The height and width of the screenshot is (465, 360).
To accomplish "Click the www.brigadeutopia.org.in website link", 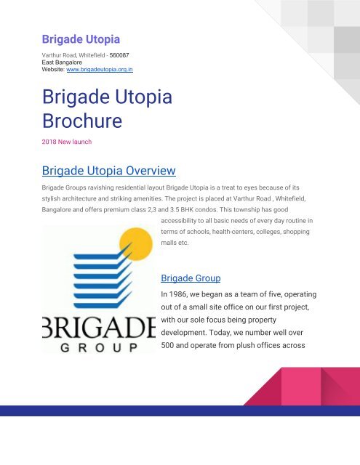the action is pos(100,70).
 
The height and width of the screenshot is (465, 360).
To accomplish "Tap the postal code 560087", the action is pos(119,55).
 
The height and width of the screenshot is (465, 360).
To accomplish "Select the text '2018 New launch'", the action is pos(67,142).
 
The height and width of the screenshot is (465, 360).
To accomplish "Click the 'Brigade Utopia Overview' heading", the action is pos(109,171).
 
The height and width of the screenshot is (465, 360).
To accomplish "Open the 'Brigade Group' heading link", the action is pos(191,278).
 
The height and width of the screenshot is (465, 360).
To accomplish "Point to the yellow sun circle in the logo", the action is pos(136,244).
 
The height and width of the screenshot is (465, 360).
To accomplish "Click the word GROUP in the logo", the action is pos(99,347).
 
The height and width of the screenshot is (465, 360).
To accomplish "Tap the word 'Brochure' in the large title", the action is pos(82,121).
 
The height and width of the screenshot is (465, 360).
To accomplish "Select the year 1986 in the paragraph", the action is pos(178,294).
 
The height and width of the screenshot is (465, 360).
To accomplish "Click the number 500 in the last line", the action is pos(167,346).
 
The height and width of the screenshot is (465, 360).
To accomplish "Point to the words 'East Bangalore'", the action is pos(62,62).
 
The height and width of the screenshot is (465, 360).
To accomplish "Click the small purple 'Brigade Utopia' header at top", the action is pos(81,39).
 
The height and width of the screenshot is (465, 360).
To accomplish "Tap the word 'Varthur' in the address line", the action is pos(50,55).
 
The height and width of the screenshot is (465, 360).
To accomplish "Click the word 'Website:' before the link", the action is pos(53,70).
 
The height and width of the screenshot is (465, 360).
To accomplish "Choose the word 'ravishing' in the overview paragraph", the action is pos(100,187).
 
